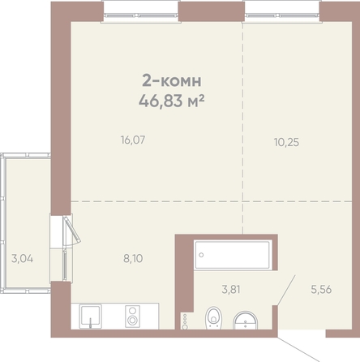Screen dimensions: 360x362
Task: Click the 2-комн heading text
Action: click(172, 80)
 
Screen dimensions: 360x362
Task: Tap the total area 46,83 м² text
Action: click(171, 101)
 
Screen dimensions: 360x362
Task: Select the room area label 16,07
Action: click(133, 140)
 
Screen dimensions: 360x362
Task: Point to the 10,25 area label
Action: click(286, 142)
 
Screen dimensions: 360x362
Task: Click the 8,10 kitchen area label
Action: click(133, 258)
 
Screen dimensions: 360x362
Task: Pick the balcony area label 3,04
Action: click(23, 259)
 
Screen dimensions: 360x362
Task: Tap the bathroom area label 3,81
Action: click(231, 290)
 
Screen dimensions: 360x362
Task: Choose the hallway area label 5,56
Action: click(321, 290)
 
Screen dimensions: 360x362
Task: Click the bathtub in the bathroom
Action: click(233, 255)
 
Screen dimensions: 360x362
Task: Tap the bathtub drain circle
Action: click(201, 255)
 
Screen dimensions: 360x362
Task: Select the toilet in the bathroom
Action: click(213, 318)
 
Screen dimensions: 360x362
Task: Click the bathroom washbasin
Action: click(246, 321)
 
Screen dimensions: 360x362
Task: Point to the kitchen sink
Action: click(91, 317)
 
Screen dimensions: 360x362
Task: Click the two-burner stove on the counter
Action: click(132, 317)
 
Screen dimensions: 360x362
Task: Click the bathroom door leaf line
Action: click(286, 290)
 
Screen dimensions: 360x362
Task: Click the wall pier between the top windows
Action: click(212, 11)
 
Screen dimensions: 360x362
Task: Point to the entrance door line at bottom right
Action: click(298, 350)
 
